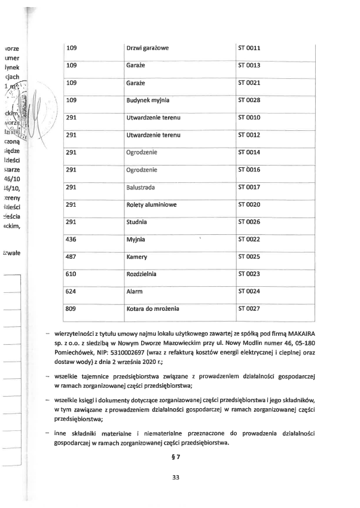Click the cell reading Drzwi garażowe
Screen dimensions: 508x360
147,48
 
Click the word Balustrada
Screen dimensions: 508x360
141,187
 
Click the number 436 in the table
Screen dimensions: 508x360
72,240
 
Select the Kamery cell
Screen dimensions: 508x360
137,257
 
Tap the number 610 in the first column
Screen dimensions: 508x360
72,274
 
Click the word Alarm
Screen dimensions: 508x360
135,292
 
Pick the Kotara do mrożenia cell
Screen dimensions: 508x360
152,309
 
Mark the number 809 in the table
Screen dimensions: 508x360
72,309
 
